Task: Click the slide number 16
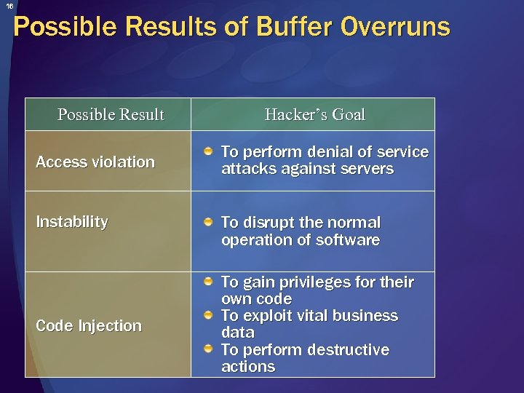click(9, 6)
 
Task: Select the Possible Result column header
click(111, 115)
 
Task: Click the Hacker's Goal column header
click(314, 115)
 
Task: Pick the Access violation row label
click(95, 162)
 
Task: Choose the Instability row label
click(72, 221)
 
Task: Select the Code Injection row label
click(89, 326)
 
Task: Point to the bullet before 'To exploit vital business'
click(209, 315)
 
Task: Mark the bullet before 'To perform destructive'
click(209, 349)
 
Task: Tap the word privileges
click(327, 282)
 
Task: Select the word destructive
click(348, 349)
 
